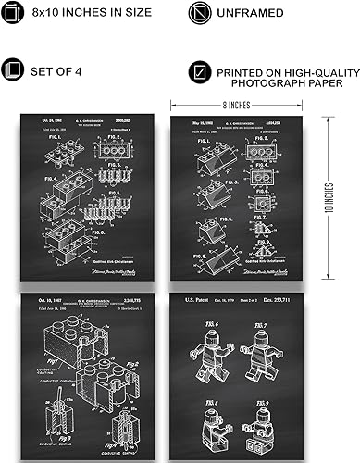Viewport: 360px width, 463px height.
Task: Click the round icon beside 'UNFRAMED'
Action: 199,14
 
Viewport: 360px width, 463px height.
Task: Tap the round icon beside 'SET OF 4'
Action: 15,71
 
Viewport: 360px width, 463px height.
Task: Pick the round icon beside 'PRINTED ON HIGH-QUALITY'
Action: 199,71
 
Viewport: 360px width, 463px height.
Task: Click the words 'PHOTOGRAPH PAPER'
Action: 281,83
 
